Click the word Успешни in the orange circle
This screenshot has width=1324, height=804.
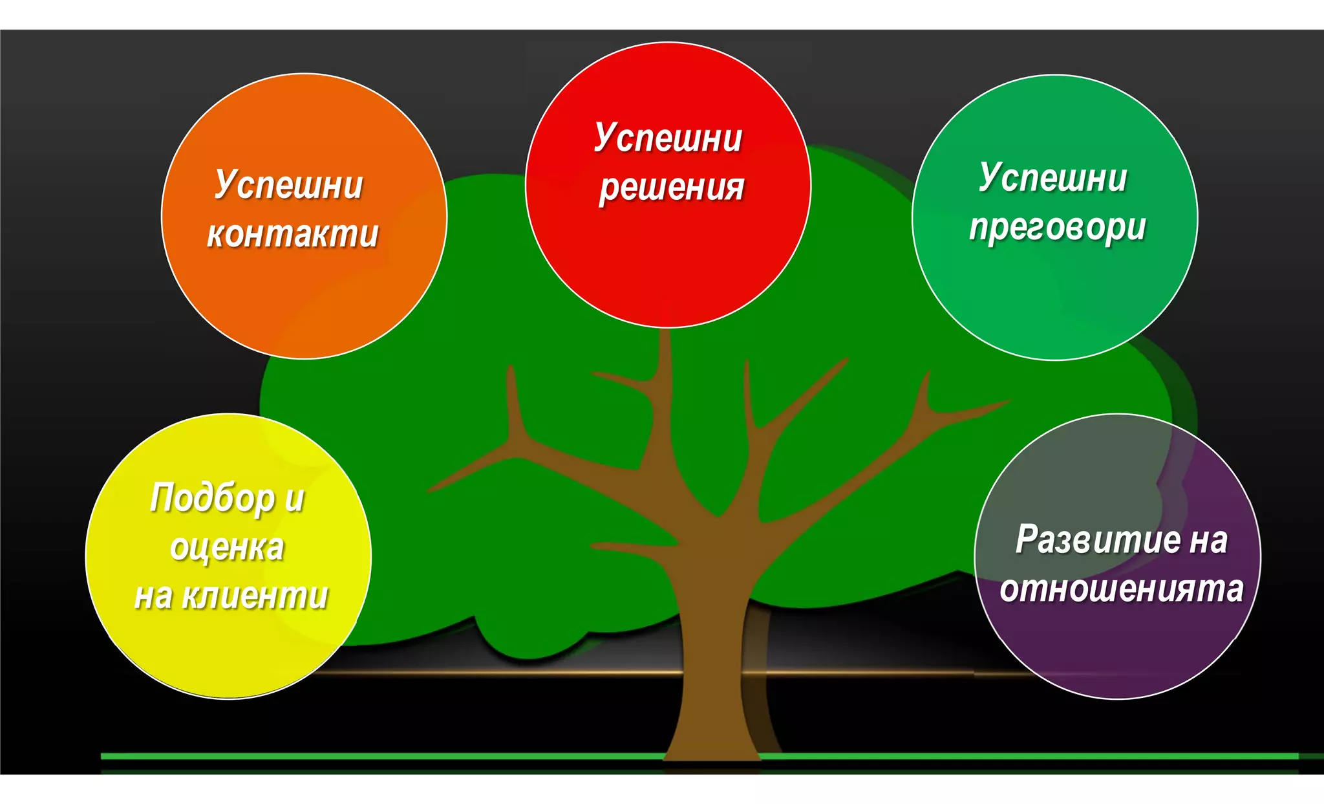coord(288,185)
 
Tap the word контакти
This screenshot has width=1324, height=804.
coord(292,234)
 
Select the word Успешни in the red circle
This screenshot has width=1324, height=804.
coord(668,138)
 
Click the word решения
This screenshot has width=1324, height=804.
coord(672,188)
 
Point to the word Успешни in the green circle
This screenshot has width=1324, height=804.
coord(1052,178)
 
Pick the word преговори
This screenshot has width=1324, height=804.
coord(1057,228)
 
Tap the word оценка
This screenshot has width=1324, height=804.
coord(227,547)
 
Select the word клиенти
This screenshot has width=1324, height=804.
coord(255,596)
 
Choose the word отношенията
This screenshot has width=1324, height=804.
coord(1121,589)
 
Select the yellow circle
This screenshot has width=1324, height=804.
coord(228,653)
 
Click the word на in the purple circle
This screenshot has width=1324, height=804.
coord(1207,539)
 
